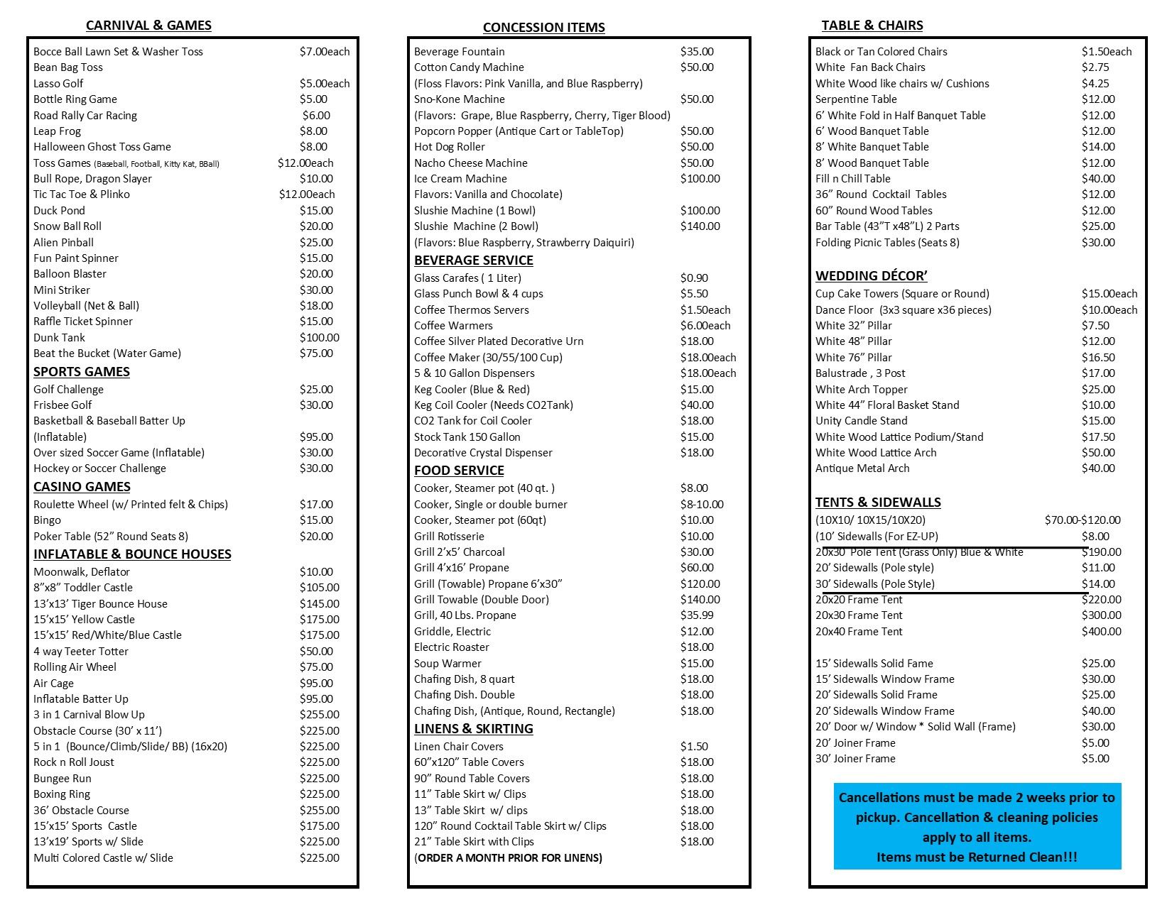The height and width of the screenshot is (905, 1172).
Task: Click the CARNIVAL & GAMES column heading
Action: point(148,26)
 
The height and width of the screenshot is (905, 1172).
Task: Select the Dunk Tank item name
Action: point(59,338)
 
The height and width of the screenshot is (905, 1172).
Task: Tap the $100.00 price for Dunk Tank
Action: point(319,338)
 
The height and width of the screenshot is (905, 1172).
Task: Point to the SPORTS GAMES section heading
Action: point(82,372)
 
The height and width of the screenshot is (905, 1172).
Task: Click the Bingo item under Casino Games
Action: point(47,520)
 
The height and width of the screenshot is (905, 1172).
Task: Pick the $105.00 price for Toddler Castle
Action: point(319,588)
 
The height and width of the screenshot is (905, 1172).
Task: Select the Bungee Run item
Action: point(63,779)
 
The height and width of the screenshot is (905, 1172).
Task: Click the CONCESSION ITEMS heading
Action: point(543,28)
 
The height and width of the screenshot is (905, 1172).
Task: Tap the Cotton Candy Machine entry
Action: point(469,67)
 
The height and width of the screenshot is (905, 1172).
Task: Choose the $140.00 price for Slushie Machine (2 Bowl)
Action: point(700,226)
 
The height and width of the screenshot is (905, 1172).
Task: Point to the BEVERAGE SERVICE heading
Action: point(474,260)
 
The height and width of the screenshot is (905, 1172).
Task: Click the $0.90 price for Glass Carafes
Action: point(694,278)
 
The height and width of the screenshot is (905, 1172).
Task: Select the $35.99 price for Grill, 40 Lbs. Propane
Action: point(697,615)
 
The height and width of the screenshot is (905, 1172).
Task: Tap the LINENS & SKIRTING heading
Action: point(473,729)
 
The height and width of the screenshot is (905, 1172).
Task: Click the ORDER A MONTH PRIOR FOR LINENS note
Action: point(509,858)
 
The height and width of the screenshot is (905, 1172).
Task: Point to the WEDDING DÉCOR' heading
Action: point(872,276)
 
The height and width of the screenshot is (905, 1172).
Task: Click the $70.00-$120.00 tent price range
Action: point(1083,520)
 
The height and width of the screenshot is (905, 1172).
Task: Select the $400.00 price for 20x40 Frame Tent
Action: point(1101,632)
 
